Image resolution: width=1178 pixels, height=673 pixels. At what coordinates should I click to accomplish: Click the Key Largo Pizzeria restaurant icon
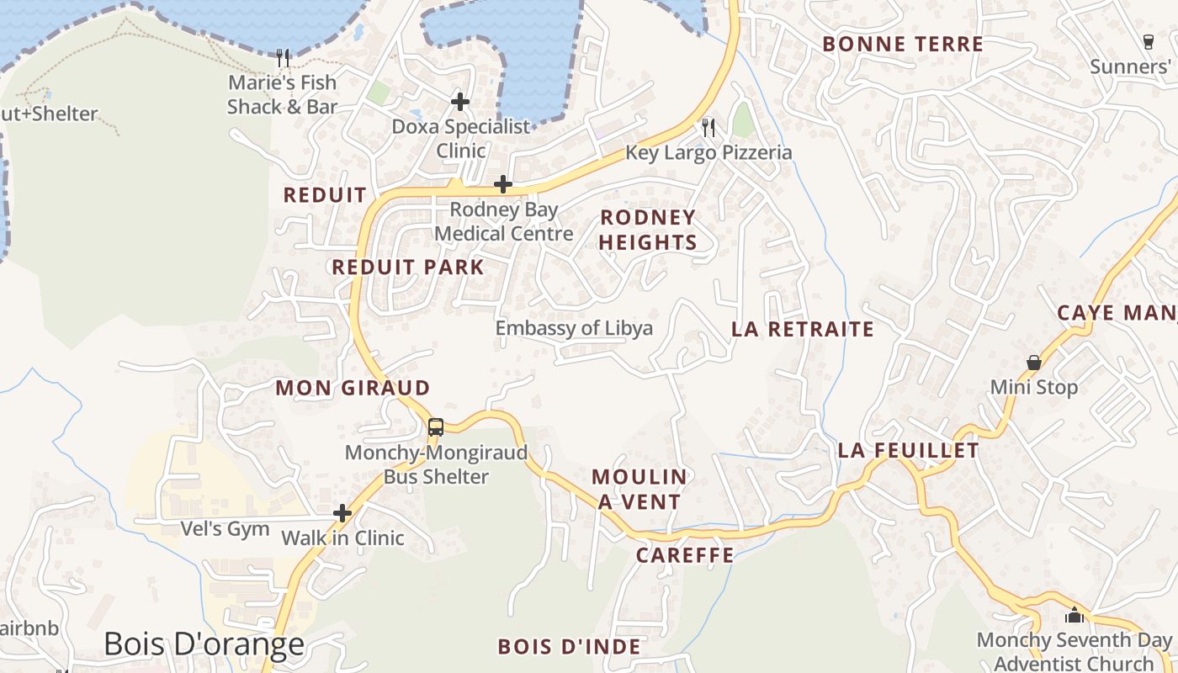(x=708, y=128)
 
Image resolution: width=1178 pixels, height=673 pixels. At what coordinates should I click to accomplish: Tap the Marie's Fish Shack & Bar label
(x=282, y=94)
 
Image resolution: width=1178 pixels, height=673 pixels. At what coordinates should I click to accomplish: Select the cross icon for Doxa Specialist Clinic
(x=459, y=102)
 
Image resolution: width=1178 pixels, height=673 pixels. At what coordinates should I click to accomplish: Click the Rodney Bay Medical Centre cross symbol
(x=503, y=184)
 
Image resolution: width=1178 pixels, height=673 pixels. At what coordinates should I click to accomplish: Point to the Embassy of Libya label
(x=574, y=328)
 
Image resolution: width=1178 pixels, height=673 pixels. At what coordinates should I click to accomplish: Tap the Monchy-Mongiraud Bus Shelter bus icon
(x=435, y=427)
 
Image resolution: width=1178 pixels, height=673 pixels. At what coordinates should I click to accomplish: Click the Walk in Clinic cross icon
(x=342, y=512)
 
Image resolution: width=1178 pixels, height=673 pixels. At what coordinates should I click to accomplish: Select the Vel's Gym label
(x=226, y=529)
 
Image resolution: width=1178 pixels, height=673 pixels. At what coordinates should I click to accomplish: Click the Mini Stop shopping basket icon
(x=1034, y=363)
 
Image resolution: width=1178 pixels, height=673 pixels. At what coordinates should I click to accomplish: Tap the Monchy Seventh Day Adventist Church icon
(x=1074, y=615)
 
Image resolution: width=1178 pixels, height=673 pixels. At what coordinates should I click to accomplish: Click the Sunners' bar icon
(x=1149, y=41)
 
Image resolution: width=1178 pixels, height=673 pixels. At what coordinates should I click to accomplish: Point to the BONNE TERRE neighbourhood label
(x=903, y=45)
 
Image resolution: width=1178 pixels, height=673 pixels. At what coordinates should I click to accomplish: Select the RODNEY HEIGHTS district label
(x=648, y=230)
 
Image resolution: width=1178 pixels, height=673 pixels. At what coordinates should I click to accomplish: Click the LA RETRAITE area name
(x=803, y=329)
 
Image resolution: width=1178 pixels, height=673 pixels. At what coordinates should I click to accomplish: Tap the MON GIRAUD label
(x=353, y=388)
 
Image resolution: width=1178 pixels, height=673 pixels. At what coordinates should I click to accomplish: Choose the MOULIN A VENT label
(x=639, y=489)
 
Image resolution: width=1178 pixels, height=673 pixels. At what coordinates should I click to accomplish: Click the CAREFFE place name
(x=685, y=555)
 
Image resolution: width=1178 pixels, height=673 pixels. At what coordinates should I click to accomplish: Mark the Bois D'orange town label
(x=204, y=644)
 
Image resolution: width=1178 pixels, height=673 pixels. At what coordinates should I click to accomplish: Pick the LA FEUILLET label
(x=909, y=451)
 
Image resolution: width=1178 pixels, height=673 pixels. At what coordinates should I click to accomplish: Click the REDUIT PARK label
(x=408, y=268)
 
